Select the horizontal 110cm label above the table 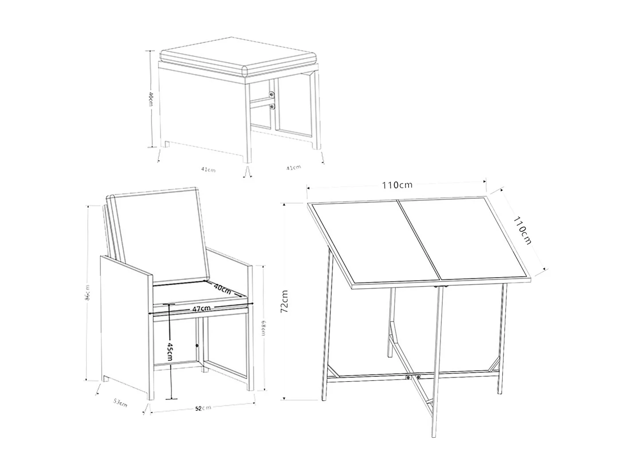pos(397,185)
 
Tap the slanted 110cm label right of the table pos(522,230)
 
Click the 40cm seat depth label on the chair pos(222,289)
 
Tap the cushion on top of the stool pos(239,58)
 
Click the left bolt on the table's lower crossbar pos(407,377)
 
